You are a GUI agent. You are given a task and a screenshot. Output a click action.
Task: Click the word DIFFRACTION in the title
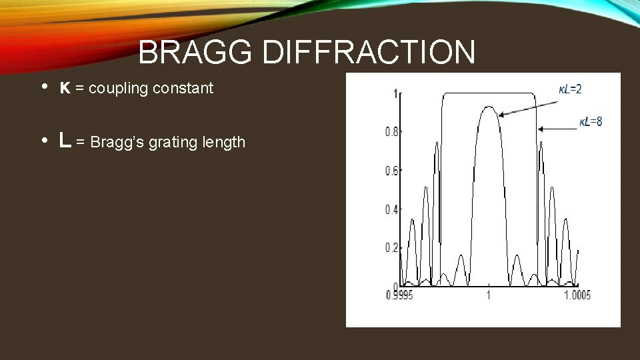[369, 53]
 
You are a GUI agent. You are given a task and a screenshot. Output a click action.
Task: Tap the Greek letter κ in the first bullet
[65, 88]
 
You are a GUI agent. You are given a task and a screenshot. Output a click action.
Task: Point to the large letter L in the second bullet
[65, 141]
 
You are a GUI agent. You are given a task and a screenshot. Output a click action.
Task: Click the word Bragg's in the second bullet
[115, 142]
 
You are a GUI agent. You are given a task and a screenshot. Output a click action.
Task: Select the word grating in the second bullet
[171, 142]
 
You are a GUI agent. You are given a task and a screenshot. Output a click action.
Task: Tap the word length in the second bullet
[223, 142]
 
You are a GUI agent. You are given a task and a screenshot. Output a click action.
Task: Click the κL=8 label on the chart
[591, 121]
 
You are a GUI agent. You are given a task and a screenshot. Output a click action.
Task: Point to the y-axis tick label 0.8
[391, 132]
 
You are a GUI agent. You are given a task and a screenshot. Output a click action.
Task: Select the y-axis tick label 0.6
[391, 171]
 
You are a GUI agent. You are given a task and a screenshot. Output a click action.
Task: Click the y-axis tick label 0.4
[391, 209]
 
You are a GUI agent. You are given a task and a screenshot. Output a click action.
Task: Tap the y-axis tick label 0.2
[391, 247]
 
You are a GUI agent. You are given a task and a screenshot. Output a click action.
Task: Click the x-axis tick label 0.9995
[401, 295]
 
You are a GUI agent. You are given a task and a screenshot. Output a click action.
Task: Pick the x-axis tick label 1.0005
[575, 295]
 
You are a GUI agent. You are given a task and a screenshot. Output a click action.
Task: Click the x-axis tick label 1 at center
[489, 295]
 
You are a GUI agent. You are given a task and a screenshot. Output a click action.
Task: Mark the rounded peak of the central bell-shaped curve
[489, 107]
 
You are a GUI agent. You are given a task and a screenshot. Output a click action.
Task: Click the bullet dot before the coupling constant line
[43, 87]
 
